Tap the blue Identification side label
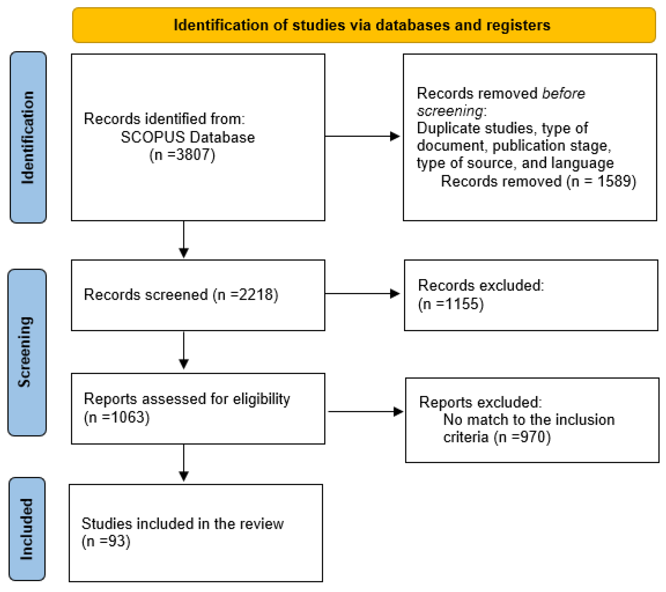[28, 137]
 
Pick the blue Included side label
[27, 529]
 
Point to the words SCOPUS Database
[188, 137]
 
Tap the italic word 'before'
[563, 93]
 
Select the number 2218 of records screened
[256, 295]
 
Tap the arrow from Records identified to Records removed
[362, 136]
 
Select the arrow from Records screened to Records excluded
[362, 294]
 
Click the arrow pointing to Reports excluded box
[365, 412]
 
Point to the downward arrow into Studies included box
[184, 463]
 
